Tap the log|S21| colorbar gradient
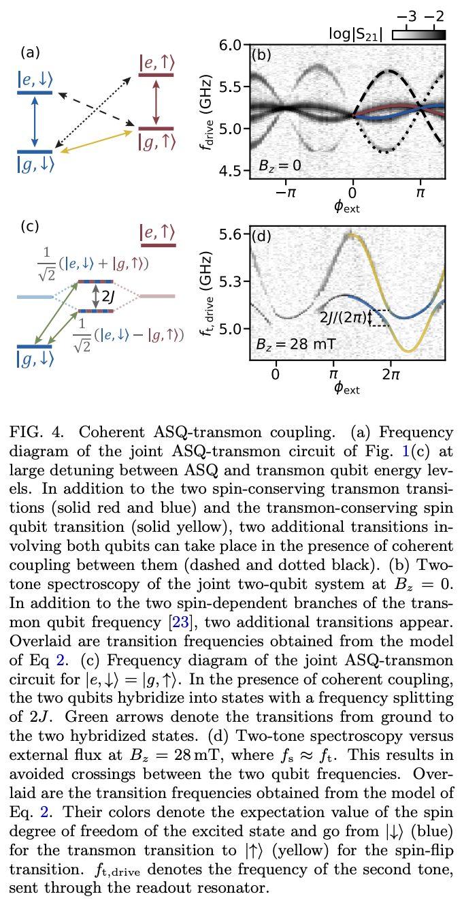tap(419, 33)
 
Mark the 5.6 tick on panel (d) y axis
tap(232, 234)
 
